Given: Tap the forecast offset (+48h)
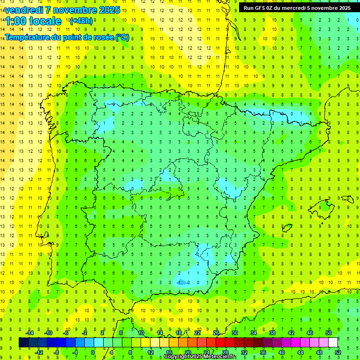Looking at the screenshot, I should point(81,21).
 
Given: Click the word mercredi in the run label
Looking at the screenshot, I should point(302,7).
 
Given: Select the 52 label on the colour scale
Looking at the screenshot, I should point(338,352).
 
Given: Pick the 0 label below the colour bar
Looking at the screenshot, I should point(93,352).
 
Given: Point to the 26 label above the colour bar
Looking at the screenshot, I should point(216,333).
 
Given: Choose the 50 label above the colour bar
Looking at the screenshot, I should point(329,333).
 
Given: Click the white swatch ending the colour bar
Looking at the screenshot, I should point(333,342).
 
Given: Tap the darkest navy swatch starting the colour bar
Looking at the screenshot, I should point(23,342).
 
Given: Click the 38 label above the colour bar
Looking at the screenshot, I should point(272,333).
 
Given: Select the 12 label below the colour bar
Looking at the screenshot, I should point(150,352).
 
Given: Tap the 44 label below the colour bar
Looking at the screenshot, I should point(300,352).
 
